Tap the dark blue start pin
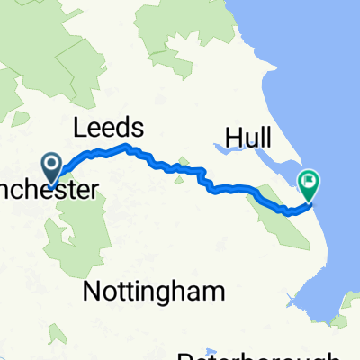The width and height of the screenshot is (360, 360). (52, 166)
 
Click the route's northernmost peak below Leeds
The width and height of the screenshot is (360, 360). (128, 146)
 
